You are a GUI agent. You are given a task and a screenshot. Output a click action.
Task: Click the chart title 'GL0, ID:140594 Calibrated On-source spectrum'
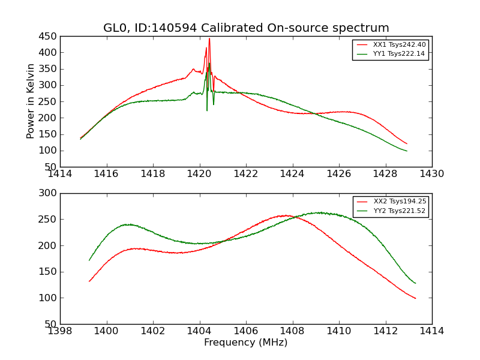click(x=246, y=28)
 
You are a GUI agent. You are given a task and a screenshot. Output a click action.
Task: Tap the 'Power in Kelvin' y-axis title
click(x=31, y=101)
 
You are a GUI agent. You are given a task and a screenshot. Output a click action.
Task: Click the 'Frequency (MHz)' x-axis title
click(x=246, y=343)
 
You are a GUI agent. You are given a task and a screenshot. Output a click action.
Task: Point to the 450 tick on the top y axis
click(x=49, y=36)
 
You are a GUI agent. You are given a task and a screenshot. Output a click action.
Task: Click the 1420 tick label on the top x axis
click(x=199, y=174)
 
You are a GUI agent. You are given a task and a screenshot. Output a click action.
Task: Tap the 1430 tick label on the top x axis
click(x=431, y=174)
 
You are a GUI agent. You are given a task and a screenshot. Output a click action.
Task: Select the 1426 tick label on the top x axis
click(x=338, y=174)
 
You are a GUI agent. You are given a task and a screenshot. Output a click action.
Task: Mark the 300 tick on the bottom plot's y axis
click(x=49, y=193)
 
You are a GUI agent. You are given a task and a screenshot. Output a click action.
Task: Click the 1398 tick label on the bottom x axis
click(x=60, y=331)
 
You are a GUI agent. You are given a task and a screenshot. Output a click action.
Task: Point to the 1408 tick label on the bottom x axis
click(x=292, y=331)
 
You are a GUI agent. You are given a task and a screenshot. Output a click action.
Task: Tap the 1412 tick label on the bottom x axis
click(x=385, y=331)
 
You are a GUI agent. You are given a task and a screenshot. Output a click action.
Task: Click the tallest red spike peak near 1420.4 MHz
click(x=209, y=39)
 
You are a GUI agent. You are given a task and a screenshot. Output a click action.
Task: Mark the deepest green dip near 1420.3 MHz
click(x=207, y=110)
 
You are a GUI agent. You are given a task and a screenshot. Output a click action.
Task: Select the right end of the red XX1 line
click(x=407, y=144)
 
